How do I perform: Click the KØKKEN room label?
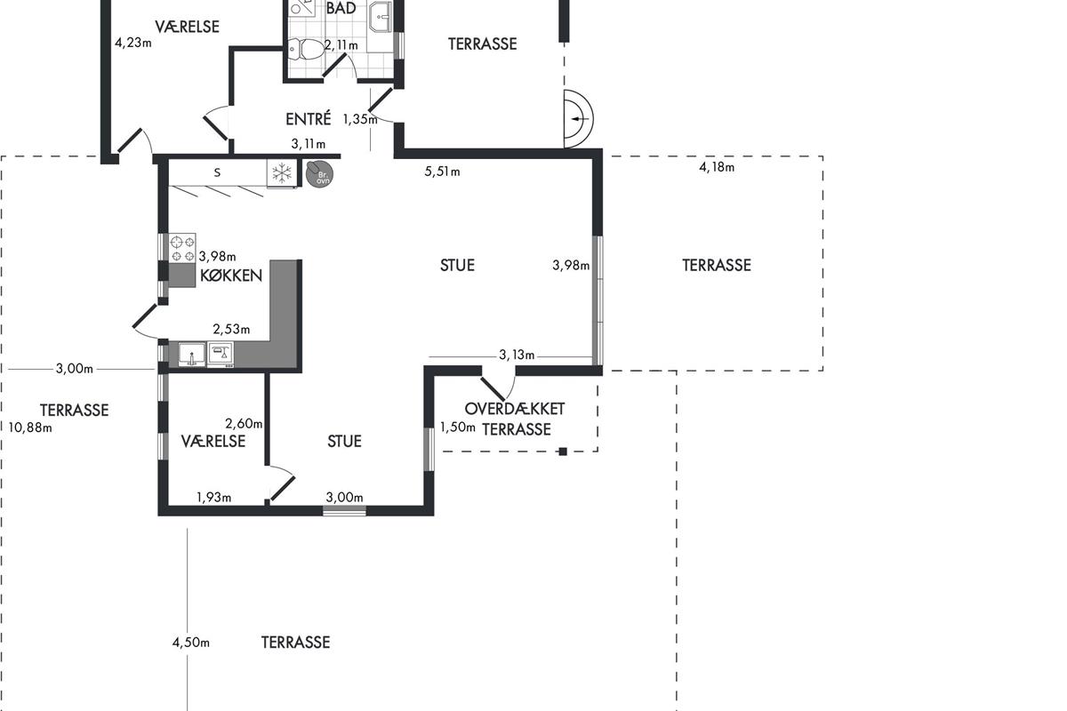point(231,276)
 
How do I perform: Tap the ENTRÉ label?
point(309,118)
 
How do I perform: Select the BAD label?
point(341,8)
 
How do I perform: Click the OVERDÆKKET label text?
point(515,409)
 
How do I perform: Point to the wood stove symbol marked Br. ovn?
point(318,174)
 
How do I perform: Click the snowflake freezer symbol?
point(282,172)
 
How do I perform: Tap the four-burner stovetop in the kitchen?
point(182,248)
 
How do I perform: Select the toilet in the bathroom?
point(306,49)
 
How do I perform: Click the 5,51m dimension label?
point(442,172)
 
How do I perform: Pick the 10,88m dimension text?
point(30,427)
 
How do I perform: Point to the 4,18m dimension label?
point(717,167)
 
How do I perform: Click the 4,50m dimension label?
point(190,643)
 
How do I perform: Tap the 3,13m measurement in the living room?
point(517,355)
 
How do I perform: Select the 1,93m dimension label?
point(214,498)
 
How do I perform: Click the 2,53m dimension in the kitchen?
point(231,329)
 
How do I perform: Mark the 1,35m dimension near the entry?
point(360,119)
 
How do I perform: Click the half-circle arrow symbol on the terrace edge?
point(579,118)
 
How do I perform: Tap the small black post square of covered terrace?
point(563,451)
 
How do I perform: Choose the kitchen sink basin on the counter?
point(191,355)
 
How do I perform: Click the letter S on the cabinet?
point(217,172)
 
